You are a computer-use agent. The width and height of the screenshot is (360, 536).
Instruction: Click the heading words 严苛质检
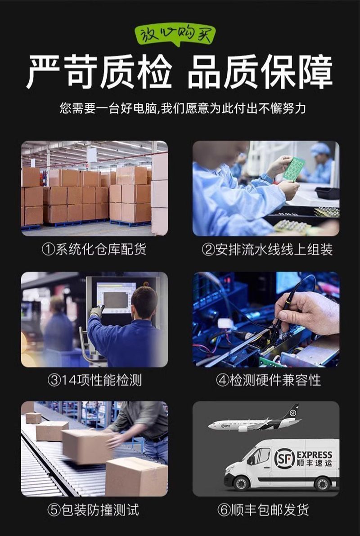tap(99, 72)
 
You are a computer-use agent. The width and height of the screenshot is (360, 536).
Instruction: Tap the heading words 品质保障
tap(261, 72)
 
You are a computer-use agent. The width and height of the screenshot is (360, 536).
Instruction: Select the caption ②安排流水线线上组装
tap(267, 250)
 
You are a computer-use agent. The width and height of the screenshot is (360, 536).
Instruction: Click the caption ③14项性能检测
tap(94, 380)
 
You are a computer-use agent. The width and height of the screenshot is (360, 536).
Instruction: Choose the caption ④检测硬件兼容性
tap(268, 380)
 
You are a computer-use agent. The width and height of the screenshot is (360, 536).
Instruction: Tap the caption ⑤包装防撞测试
tap(93, 510)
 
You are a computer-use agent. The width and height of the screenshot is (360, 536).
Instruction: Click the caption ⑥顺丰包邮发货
tap(263, 510)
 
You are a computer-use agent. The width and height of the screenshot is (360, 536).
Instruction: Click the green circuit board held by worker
tap(293, 169)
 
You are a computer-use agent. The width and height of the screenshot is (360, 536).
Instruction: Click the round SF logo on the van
tap(284, 459)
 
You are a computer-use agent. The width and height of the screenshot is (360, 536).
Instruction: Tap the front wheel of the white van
tap(242, 483)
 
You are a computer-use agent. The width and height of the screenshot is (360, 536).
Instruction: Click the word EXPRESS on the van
tap(315, 455)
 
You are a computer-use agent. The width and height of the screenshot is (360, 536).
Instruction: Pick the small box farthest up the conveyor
tap(34, 418)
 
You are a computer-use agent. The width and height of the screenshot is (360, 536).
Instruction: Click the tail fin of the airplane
tap(293, 412)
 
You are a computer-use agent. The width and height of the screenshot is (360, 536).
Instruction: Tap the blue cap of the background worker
tap(320, 149)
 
